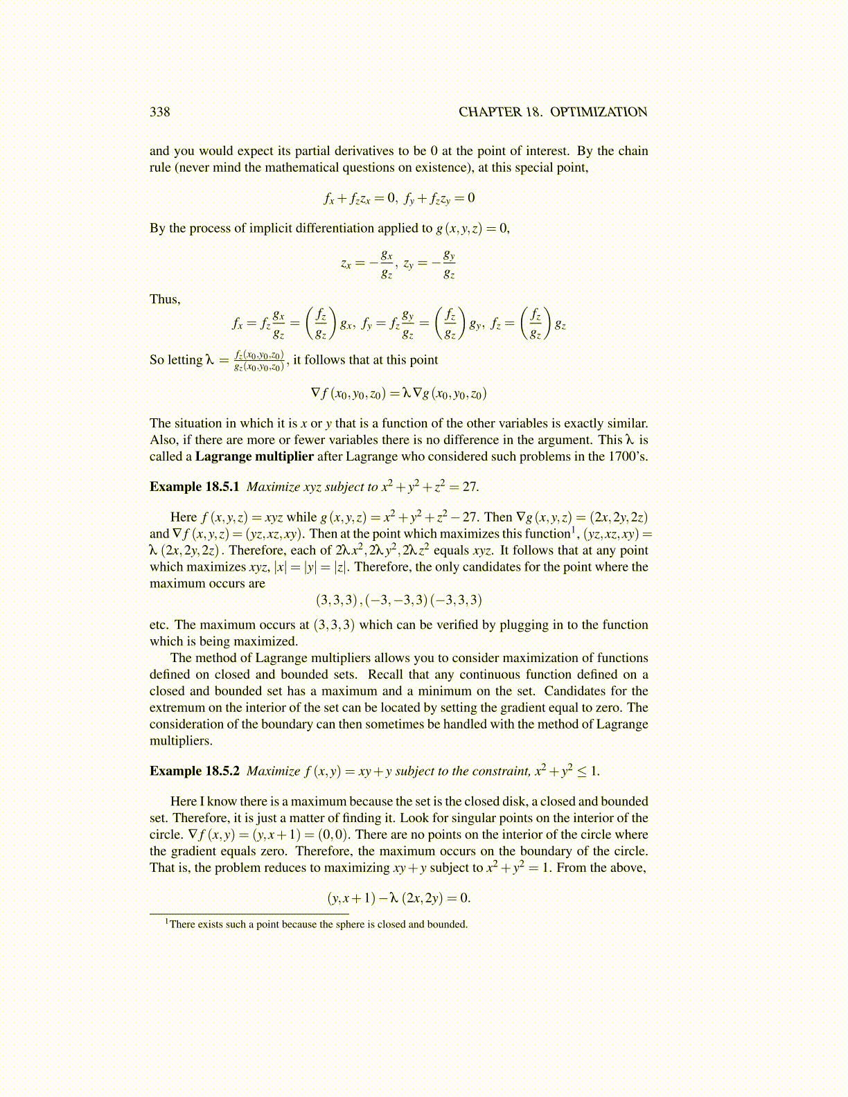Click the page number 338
coord(159,112)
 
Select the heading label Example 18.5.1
coord(194,487)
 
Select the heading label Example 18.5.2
coord(194,772)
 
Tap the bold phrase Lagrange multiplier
coord(254,456)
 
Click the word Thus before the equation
coord(164,299)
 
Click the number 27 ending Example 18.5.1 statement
coord(470,487)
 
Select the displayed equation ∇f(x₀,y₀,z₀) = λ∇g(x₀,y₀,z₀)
coord(398,394)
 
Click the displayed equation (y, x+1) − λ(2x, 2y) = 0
coord(398,898)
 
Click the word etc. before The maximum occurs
coord(159,625)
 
